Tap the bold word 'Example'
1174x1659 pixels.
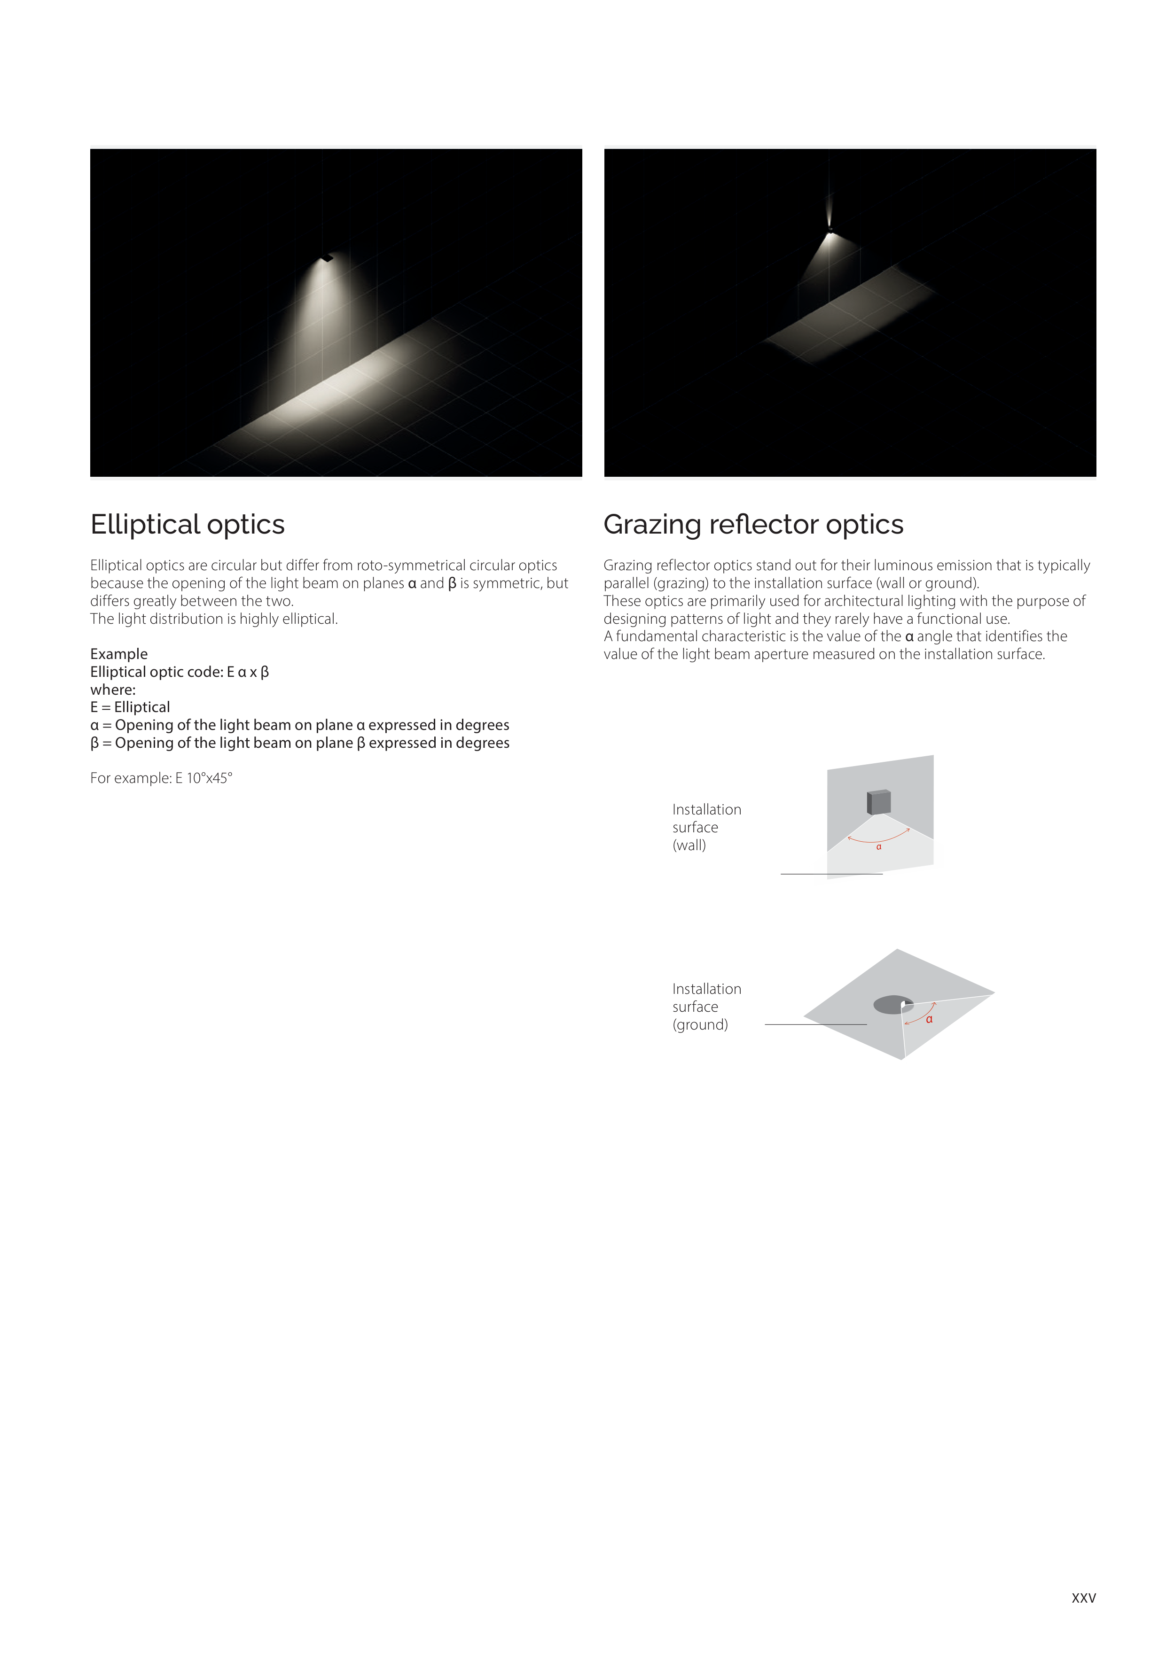(118, 654)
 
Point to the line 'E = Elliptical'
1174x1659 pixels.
(130, 707)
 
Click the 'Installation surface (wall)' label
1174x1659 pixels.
(706, 827)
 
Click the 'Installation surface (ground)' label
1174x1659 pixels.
(706, 1007)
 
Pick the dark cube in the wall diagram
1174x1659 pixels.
(878, 803)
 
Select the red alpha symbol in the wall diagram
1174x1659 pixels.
(879, 847)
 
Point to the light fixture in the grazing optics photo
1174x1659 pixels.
(830, 230)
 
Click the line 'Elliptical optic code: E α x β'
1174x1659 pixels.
(179, 672)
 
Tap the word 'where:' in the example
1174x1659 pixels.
(113, 690)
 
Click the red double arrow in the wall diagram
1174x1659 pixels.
(878, 837)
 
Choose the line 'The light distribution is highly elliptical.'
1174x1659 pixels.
(214, 619)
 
